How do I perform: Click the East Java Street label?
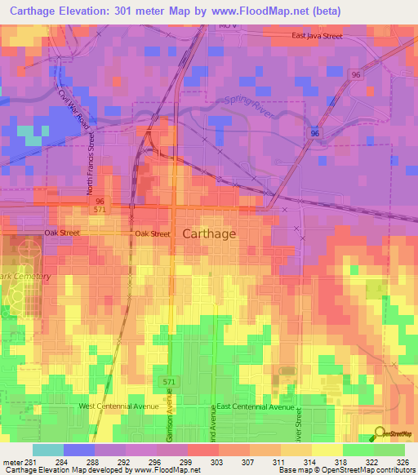(x=328, y=37)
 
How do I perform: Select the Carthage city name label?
(x=209, y=233)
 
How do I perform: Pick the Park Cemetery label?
(x=24, y=277)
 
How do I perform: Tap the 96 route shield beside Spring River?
(x=316, y=131)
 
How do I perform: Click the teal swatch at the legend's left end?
(x=47, y=450)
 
